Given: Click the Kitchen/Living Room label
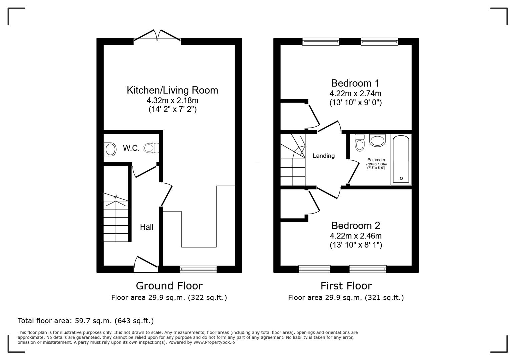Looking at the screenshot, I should coord(172,90).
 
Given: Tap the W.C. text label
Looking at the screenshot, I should coord(131,148).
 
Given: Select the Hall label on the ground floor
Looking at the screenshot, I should coord(146,227).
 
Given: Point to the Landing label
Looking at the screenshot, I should coord(323,156).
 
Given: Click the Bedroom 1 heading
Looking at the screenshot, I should coord(355,83).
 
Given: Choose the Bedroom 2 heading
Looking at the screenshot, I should coord(355,226).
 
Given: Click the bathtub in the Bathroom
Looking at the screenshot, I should coord(401,159).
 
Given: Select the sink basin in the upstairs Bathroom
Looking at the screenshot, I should coord(377,140).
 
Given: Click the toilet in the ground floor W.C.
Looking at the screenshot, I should coord(151,148).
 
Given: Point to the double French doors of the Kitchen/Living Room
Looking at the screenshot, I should coord(157,36).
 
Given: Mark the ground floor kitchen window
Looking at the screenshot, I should coord(198,269).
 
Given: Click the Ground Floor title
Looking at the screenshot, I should coord(169,286).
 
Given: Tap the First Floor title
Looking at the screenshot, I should coord(346,286).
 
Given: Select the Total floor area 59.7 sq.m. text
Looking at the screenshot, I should coord(86,321).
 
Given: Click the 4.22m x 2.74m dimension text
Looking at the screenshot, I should coord(355,93).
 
